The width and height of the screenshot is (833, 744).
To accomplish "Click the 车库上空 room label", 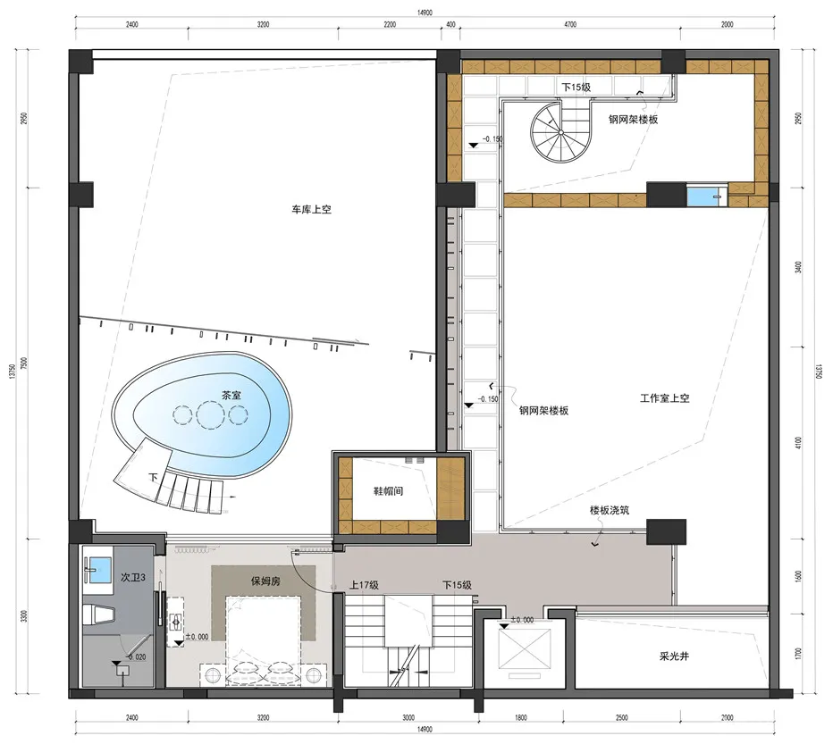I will click(x=311, y=210).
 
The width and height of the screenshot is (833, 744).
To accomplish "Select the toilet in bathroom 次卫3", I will click(x=101, y=614).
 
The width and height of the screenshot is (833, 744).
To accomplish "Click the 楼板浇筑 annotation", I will click(x=610, y=512).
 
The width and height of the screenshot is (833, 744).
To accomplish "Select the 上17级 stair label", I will click(x=364, y=585).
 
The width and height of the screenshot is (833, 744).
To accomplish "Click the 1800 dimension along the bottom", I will click(x=520, y=716).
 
